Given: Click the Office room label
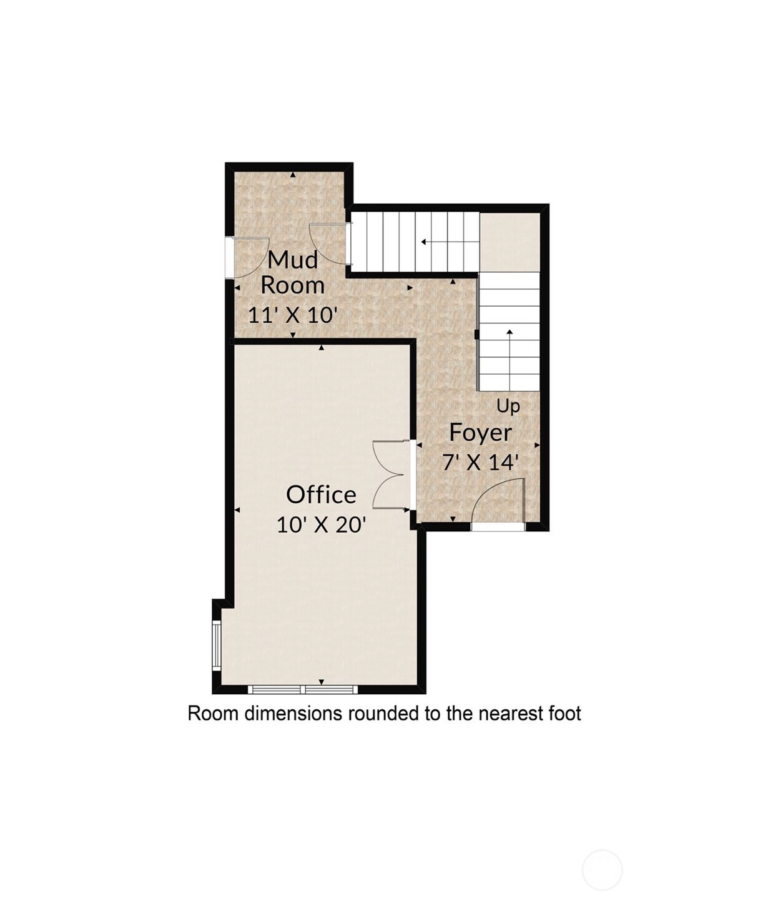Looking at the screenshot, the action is click(x=321, y=494).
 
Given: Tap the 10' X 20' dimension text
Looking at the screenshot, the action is click(x=321, y=525).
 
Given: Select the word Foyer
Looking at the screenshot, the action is click(x=480, y=433).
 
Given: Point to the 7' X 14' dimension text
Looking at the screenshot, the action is click(x=480, y=462).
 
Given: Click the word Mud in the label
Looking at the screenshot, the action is click(x=293, y=260).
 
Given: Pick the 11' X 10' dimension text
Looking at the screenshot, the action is click(x=293, y=315).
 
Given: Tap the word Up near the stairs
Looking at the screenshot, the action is click(x=508, y=406).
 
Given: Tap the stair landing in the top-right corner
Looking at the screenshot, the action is click(x=510, y=242).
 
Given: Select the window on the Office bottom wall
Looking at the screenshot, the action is click(x=303, y=689).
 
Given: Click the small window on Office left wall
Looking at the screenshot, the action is click(x=217, y=646).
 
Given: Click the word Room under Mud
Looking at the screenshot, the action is click(x=293, y=286).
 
